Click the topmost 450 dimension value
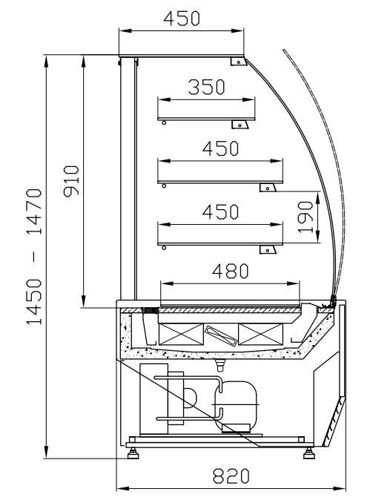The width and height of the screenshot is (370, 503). (182, 19)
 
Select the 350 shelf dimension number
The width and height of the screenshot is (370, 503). (206, 87)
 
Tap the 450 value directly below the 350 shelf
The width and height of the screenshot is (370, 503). (220, 148)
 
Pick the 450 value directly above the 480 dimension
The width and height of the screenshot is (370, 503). (220, 212)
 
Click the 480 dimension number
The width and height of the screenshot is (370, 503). (230, 271)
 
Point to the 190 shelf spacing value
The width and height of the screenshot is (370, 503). (305, 217)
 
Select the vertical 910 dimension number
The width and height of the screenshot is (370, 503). (71, 181)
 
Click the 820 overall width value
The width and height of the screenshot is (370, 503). (231, 476)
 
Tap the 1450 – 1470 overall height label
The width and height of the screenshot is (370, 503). (34, 257)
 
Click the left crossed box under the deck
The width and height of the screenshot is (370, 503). (181, 334)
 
